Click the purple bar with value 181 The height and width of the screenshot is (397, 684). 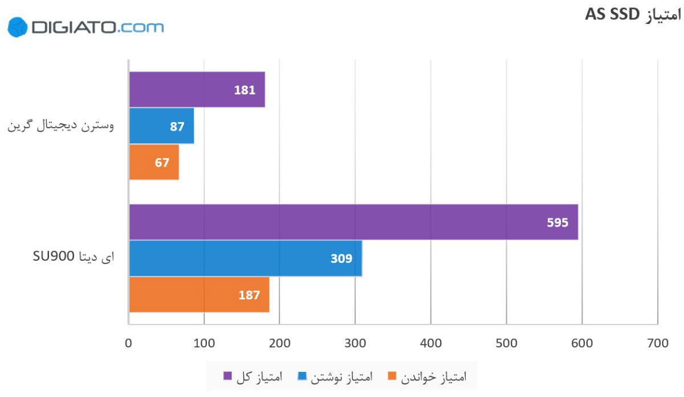197,90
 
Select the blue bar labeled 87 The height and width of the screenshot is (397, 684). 161,126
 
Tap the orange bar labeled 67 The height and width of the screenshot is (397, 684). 154,163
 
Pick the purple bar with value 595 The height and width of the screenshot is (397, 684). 353,222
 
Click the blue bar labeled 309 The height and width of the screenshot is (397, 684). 245,258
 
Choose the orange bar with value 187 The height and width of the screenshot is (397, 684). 199,295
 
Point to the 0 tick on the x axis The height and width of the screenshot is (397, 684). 129,343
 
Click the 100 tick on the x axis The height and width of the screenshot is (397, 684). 204,343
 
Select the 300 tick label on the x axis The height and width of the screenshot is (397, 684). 355,343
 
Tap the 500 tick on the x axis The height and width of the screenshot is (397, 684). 506,343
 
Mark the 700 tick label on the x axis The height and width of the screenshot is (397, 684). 657,343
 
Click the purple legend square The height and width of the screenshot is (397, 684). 227,376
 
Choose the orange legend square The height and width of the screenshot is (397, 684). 392,376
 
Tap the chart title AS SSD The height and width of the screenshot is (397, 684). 633,15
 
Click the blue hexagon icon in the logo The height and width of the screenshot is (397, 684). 18,27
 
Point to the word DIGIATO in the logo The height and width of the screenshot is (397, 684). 74,27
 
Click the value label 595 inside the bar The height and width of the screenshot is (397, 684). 557,222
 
